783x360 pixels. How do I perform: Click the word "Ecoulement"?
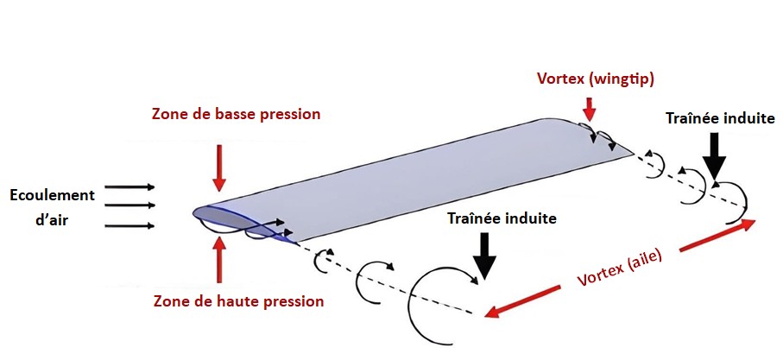(x=51, y=195)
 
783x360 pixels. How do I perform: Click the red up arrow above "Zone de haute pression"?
(x=219, y=259)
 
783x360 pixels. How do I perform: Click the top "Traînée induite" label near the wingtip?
(x=719, y=118)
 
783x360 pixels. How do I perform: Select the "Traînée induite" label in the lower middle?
(x=501, y=219)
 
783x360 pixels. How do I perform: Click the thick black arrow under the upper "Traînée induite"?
(x=715, y=159)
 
